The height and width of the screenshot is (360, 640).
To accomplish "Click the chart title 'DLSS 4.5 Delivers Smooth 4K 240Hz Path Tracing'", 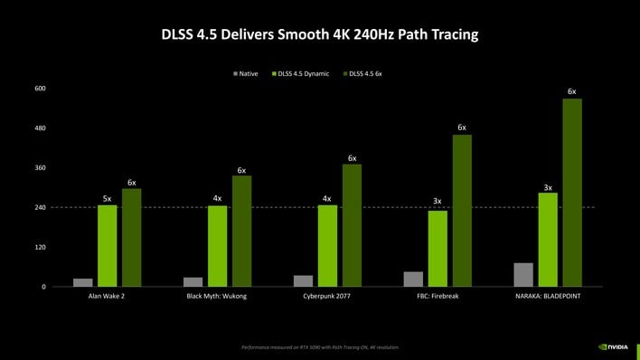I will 320,35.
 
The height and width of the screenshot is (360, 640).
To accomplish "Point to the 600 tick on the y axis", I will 40,89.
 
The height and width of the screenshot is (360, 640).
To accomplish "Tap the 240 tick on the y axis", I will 40,208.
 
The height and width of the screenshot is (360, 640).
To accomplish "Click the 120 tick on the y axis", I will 40,247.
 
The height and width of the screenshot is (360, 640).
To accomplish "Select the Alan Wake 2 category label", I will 107,297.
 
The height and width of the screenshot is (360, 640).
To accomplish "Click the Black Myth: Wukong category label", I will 217,297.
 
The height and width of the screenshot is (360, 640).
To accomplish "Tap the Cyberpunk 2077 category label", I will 327,297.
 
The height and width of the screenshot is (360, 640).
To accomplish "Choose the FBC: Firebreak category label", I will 437,297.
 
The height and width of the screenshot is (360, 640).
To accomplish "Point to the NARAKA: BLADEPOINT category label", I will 547,297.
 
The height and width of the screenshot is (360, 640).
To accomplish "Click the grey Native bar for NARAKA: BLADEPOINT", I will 523,275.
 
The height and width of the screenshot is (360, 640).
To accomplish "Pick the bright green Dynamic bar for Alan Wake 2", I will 108,246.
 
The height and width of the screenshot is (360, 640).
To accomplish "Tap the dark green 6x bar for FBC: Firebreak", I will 462,211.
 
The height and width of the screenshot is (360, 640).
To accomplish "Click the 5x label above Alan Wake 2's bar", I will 108,198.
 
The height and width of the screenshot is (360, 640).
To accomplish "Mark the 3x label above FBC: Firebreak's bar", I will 438,201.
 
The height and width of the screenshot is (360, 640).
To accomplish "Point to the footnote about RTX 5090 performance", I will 320,347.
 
